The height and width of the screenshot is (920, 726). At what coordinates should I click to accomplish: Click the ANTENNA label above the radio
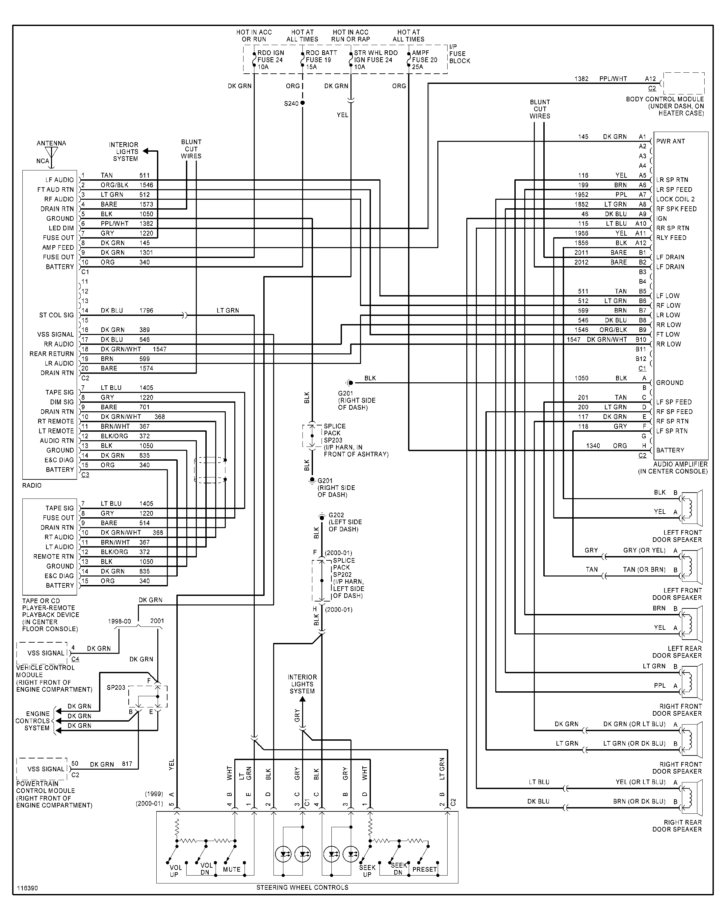pyautogui.click(x=51, y=143)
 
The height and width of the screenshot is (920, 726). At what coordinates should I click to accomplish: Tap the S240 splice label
pyautogui.click(x=291, y=103)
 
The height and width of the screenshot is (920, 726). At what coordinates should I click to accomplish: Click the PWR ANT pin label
pyautogui.click(x=670, y=141)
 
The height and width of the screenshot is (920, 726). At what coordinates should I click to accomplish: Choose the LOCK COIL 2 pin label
pyautogui.click(x=675, y=199)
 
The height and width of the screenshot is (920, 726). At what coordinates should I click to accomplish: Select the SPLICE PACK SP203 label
pyautogui.click(x=334, y=433)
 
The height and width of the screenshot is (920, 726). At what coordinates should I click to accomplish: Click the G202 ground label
pyautogui.click(x=336, y=515)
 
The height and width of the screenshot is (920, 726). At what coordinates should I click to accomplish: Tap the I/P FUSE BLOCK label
pyautogui.click(x=459, y=54)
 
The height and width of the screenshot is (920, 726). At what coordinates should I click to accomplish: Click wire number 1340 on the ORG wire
pyautogui.click(x=593, y=446)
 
